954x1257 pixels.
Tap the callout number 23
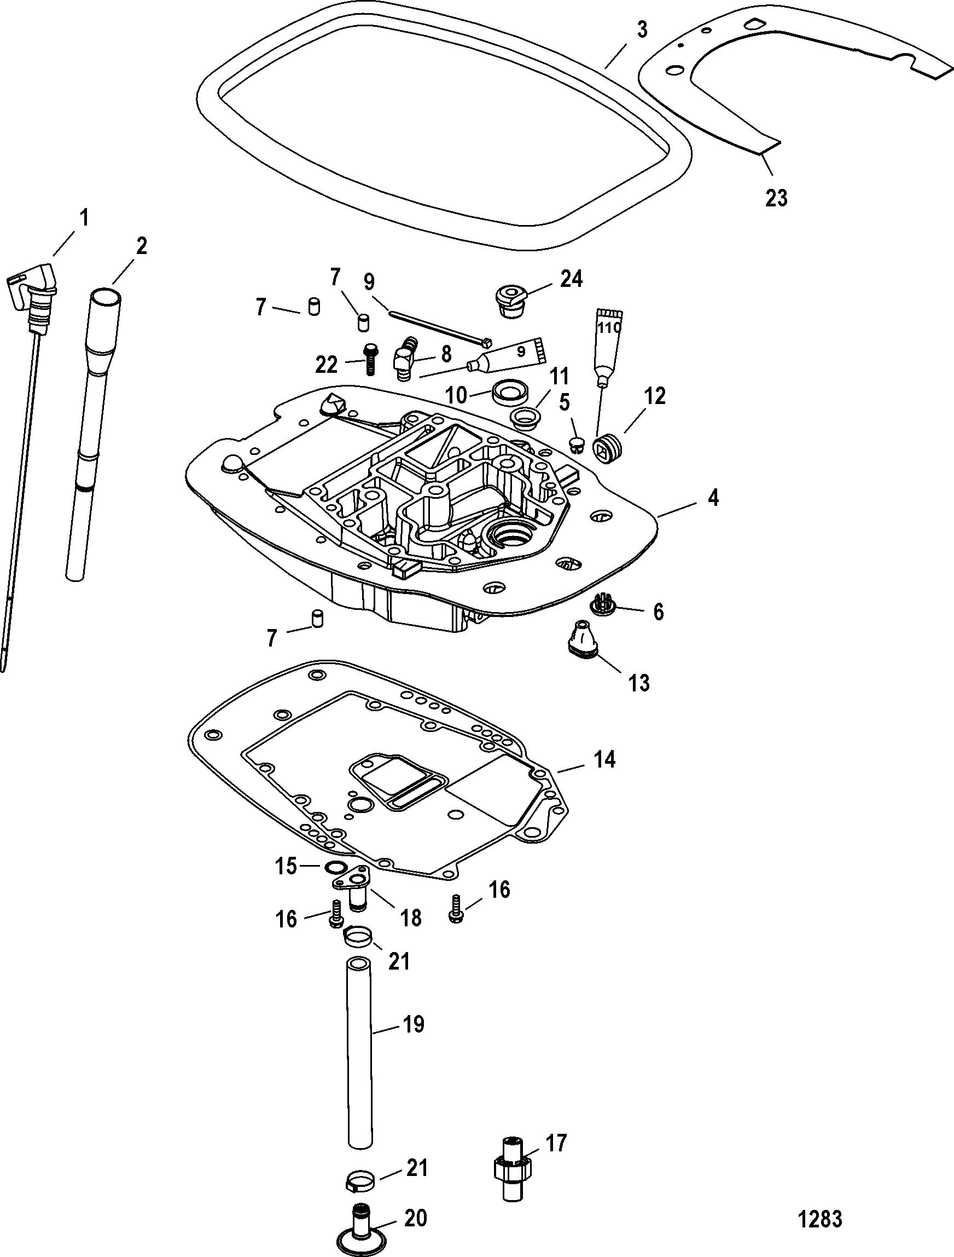click(x=776, y=198)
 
